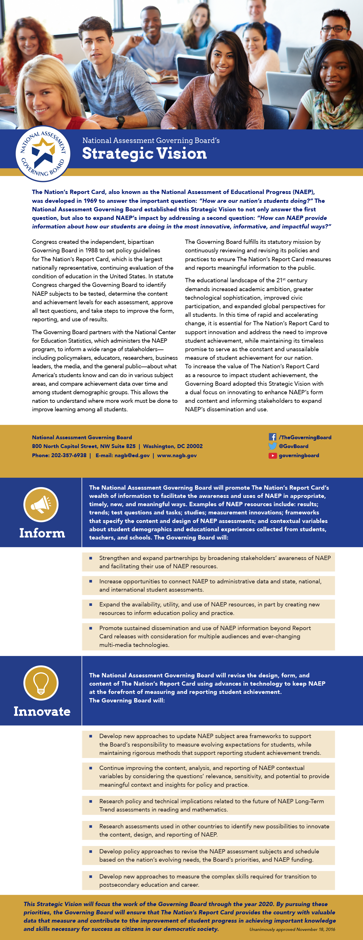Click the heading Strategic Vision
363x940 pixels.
pos(144,154)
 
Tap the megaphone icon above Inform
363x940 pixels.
pos(41,504)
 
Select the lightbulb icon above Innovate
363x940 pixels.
pos(41,682)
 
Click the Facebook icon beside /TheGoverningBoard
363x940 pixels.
pos(272,437)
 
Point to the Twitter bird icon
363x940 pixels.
pos(272,446)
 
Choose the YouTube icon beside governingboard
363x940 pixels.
pos(272,455)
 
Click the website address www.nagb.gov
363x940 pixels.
pos(177,455)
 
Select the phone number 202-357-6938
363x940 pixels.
pos(69,455)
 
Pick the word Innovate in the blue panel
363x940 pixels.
pos(42,711)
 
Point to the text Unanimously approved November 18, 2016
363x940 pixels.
pos(292,929)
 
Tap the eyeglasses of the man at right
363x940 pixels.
pos(335,29)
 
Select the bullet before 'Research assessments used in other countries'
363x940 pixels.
pos(91,826)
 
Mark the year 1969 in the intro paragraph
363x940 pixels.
pos(90,201)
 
